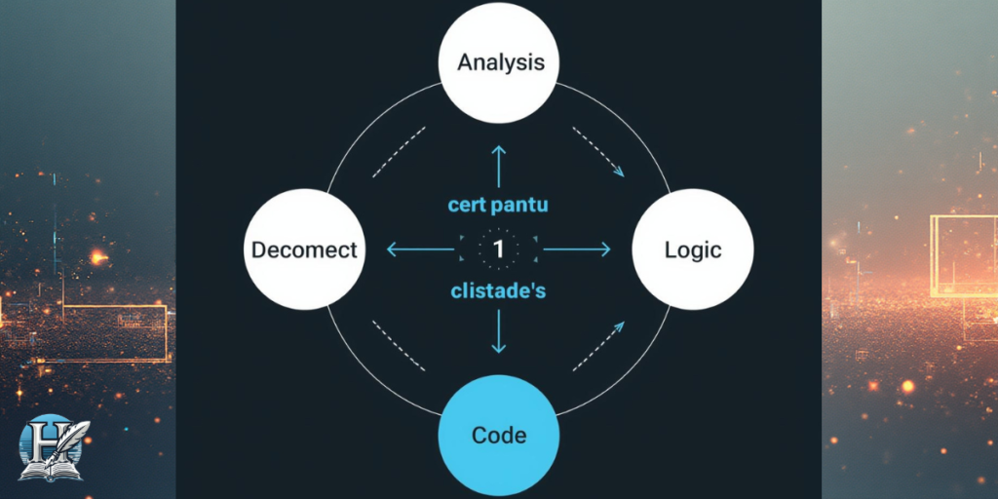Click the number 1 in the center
click(x=499, y=249)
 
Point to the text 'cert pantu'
click(x=499, y=205)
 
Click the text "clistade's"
click(x=499, y=290)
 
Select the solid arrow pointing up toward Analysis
click(x=499, y=165)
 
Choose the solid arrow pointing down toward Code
click(x=499, y=331)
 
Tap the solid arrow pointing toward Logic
click(x=576, y=249)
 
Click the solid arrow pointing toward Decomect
click(x=421, y=249)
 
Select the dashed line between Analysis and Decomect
click(x=400, y=150)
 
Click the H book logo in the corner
click(x=54, y=448)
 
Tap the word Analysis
click(x=500, y=63)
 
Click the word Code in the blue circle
click(x=499, y=435)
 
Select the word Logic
click(x=693, y=249)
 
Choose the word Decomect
click(x=304, y=249)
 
